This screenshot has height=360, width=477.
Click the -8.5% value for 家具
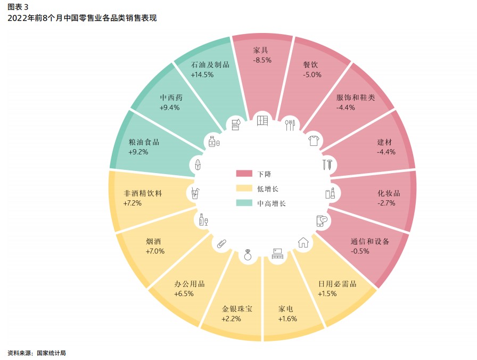(262, 60)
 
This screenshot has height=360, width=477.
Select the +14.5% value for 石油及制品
(202, 75)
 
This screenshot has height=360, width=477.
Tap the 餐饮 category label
(310, 64)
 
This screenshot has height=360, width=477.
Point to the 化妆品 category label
(389, 193)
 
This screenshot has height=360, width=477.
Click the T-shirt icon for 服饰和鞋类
(314, 141)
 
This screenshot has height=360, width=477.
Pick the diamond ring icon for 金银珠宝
(248, 255)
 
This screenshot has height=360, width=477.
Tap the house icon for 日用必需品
(303, 242)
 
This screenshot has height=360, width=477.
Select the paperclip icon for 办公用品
(221, 244)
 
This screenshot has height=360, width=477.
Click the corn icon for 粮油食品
(198, 165)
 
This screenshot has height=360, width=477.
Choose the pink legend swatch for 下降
(244, 174)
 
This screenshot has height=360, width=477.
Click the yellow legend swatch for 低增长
(244, 188)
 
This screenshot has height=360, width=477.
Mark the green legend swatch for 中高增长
(244, 203)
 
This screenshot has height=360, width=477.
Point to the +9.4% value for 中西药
(169, 108)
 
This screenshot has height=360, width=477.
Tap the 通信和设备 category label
(370, 241)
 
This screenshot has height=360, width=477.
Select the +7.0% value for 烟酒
(155, 251)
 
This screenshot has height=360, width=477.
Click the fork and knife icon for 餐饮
(290, 125)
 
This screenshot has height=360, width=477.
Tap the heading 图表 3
(18, 7)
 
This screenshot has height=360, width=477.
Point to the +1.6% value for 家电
(287, 318)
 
